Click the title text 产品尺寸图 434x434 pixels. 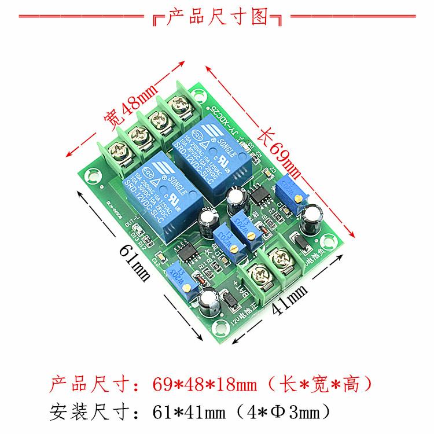coord(218,17)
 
